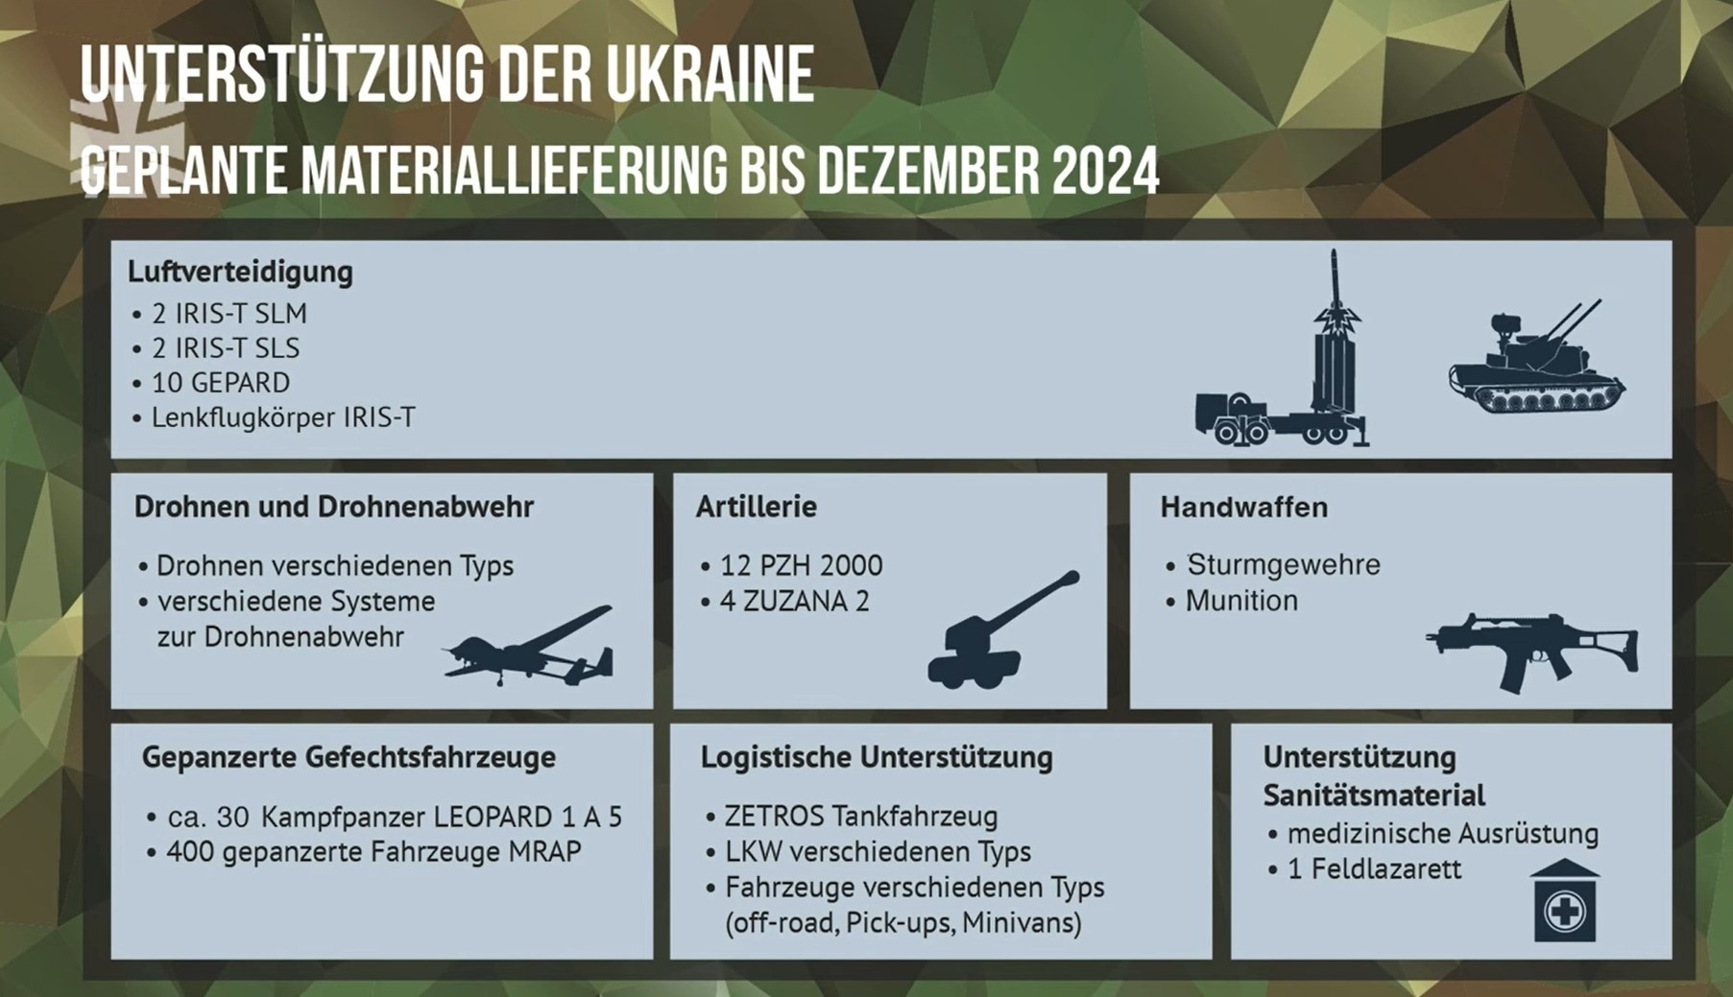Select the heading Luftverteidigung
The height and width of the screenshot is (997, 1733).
tap(240, 272)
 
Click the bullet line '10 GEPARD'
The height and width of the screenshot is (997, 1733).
tap(221, 382)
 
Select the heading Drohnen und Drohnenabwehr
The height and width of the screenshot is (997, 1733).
tap(333, 507)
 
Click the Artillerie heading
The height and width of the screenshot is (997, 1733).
tap(756, 507)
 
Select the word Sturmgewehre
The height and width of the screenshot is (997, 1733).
tap(1284, 564)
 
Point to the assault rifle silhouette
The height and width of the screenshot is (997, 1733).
tap(1531, 651)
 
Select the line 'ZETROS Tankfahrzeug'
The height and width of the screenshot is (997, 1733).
tap(861, 816)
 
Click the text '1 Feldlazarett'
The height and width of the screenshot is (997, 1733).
tap(1374, 869)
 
